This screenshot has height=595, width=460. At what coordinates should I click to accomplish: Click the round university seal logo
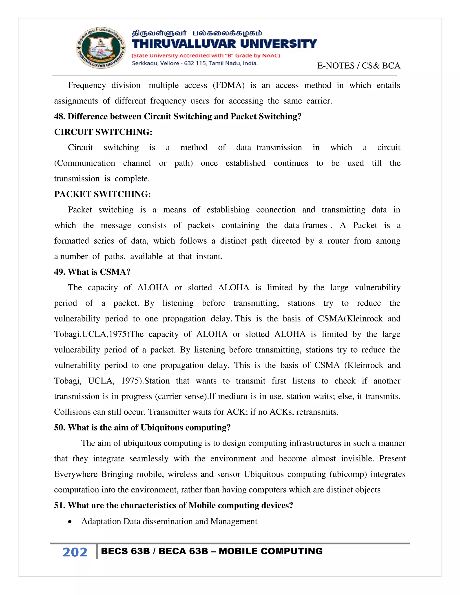click(x=101, y=48)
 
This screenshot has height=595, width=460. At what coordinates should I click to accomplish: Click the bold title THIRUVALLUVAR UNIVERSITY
click(x=224, y=44)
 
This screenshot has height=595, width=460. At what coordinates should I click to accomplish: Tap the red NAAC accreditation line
click(x=206, y=56)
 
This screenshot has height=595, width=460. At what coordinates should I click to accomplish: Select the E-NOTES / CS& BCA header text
click(x=359, y=66)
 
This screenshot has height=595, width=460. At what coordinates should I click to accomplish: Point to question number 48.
click(x=59, y=116)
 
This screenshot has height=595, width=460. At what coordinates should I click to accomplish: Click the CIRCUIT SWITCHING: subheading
click(x=103, y=132)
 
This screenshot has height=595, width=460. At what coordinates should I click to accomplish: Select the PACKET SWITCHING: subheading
click(x=102, y=194)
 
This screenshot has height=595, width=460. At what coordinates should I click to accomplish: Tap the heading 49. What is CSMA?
click(x=92, y=272)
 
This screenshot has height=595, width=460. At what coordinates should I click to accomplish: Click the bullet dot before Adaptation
click(x=70, y=522)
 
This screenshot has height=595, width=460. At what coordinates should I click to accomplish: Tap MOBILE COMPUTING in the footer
click(x=271, y=551)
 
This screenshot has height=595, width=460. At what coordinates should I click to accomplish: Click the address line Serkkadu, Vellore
click(x=195, y=63)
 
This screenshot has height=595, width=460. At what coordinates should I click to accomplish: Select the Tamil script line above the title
click(x=197, y=33)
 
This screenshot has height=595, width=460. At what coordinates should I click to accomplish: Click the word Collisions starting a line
click(x=72, y=412)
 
